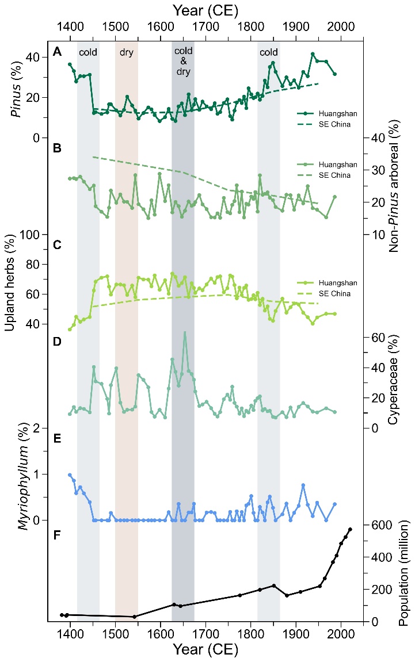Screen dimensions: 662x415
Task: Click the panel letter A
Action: [57, 52]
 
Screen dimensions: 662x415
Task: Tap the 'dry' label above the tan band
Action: [126, 52]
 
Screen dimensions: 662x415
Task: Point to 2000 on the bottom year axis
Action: [341, 632]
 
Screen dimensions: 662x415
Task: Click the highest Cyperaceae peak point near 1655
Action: [185, 332]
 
